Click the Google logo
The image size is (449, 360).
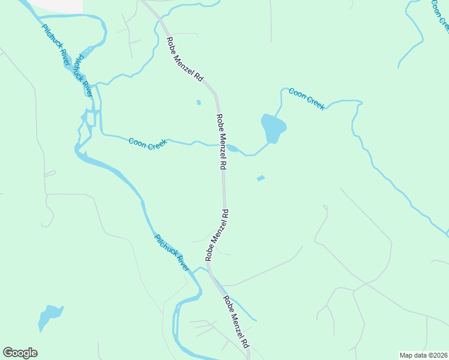[20, 353]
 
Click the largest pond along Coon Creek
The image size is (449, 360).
[273, 128]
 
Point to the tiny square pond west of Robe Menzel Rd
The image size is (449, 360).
[198, 102]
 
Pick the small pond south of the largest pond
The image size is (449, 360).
[261, 178]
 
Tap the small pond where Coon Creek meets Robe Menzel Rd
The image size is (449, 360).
[232, 148]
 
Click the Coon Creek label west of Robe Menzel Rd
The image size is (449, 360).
[148, 143]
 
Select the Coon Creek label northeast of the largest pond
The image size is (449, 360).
[306, 98]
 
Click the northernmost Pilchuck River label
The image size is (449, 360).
[56, 45]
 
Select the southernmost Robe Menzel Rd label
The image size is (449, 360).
[236, 322]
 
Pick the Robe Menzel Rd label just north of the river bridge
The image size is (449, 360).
[217, 234]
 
